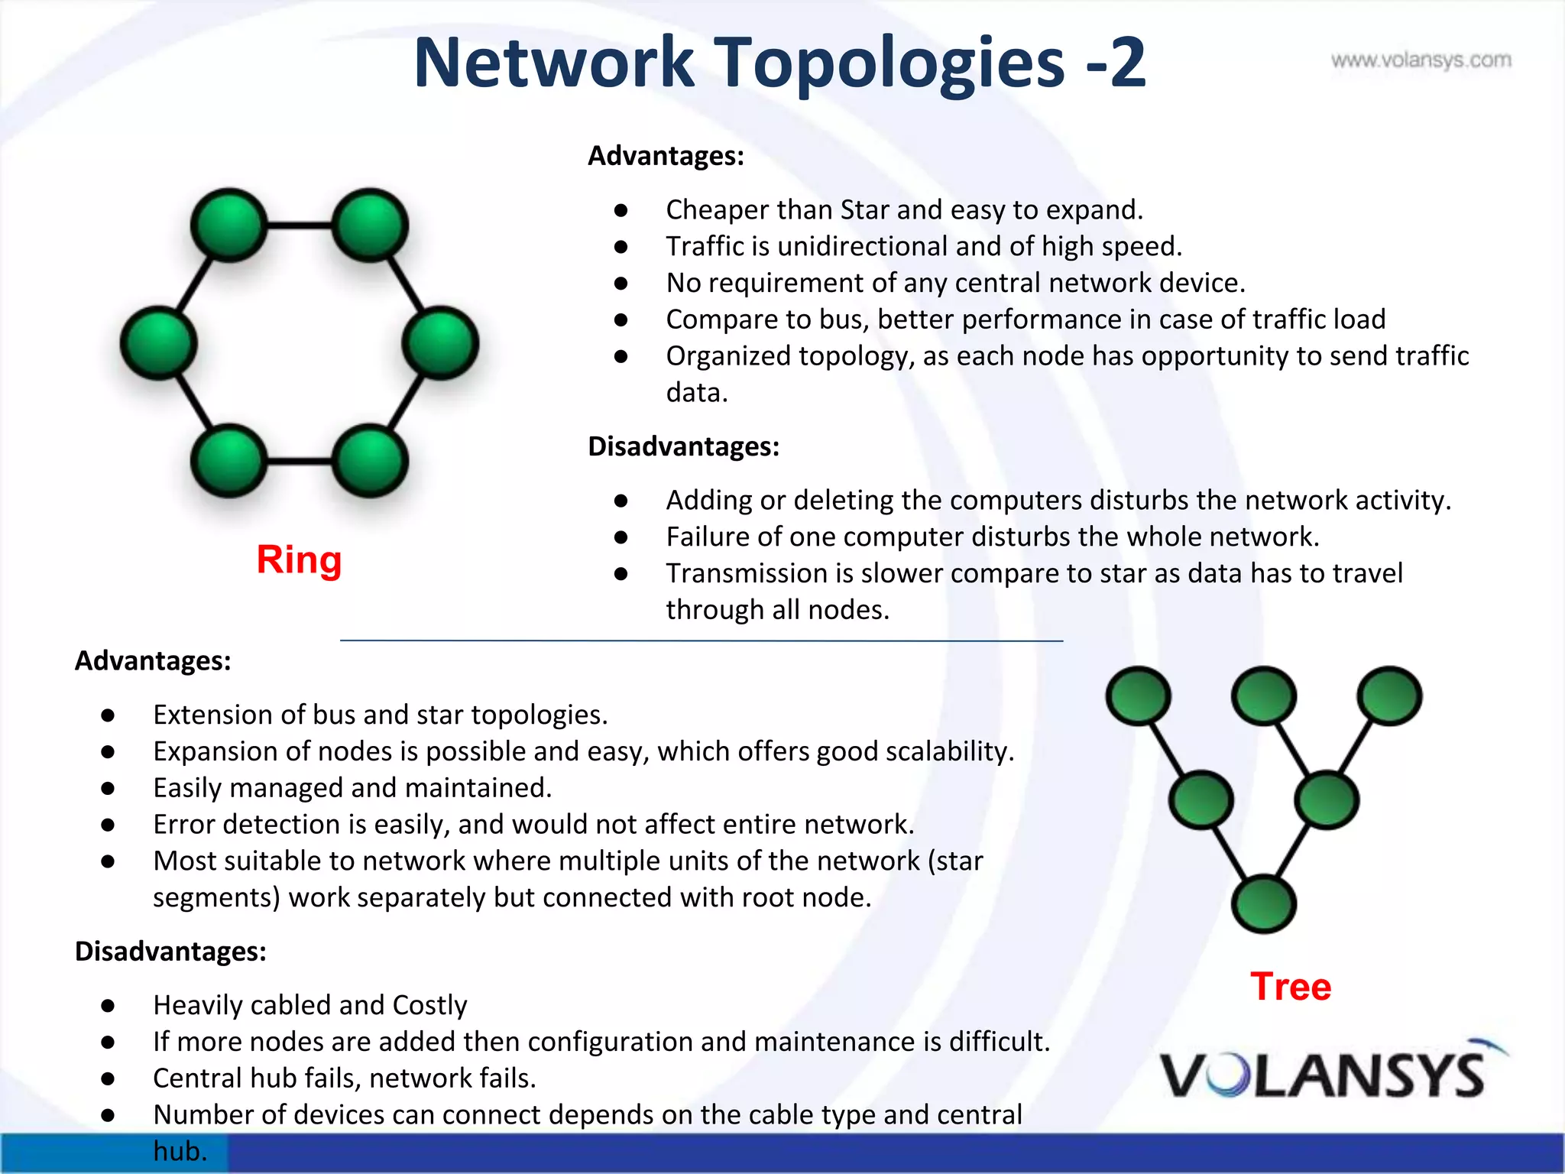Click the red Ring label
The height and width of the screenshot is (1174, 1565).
tap(299, 559)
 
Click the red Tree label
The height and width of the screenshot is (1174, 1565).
tap(1291, 986)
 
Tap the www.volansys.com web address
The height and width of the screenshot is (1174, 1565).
tap(1421, 60)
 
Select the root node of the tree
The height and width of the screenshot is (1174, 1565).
tap(1264, 904)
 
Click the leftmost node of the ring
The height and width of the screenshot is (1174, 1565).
tap(159, 343)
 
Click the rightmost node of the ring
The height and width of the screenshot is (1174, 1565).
tap(440, 343)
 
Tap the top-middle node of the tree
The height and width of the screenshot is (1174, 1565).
tap(1264, 696)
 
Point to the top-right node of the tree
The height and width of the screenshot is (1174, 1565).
tap(1389, 696)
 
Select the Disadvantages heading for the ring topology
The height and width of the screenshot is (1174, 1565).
tap(683, 446)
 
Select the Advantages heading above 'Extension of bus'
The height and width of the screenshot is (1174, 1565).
tap(153, 660)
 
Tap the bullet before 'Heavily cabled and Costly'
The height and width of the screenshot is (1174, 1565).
tap(108, 1006)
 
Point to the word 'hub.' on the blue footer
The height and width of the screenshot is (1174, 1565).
tap(180, 1151)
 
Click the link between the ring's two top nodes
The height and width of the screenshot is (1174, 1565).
tap(300, 225)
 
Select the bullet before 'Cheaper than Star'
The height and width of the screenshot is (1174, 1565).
tap(620, 210)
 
